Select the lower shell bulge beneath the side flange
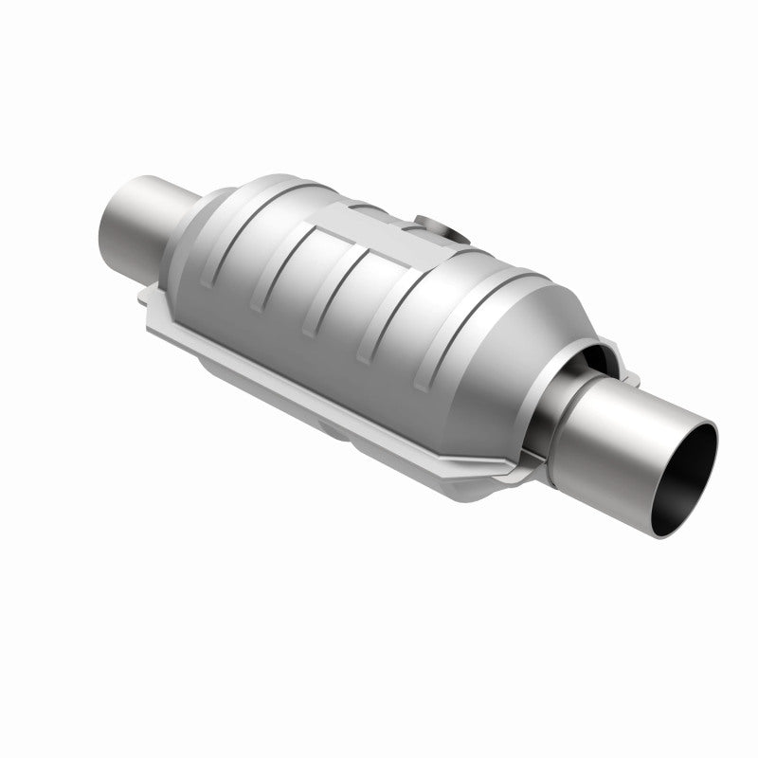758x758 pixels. (313, 417)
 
